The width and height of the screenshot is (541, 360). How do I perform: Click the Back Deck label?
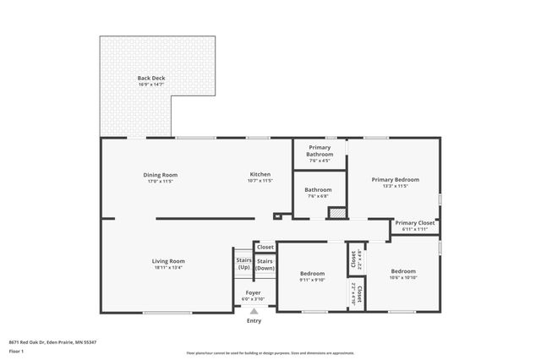(x=152, y=78)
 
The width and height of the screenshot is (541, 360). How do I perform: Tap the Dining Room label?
(x=160, y=175)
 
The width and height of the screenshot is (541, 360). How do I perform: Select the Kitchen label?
(x=260, y=175)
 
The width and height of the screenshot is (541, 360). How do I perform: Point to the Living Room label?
(x=168, y=260)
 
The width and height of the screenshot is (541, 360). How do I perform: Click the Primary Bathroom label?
(x=320, y=151)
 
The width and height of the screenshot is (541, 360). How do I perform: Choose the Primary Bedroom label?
(x=396, y=179)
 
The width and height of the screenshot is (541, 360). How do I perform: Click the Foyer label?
(x=253, y=292)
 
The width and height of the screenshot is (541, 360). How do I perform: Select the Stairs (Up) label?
(x=243, y=264)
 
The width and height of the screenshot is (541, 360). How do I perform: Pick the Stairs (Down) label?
(x=265, y=264)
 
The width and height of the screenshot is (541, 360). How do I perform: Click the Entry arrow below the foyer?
(x=254, y=313)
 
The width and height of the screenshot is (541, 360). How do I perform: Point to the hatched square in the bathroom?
(x=337, y=213)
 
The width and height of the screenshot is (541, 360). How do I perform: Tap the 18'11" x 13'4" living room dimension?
(x=168, y=267)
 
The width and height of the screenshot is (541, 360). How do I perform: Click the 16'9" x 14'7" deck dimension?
(x=152, y=85)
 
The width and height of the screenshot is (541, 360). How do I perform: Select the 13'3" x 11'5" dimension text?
(x=396, y=186)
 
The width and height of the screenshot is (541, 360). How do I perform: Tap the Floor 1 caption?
(x=16, y=351)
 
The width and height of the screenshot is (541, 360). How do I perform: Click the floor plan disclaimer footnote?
(x=270, y=353)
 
